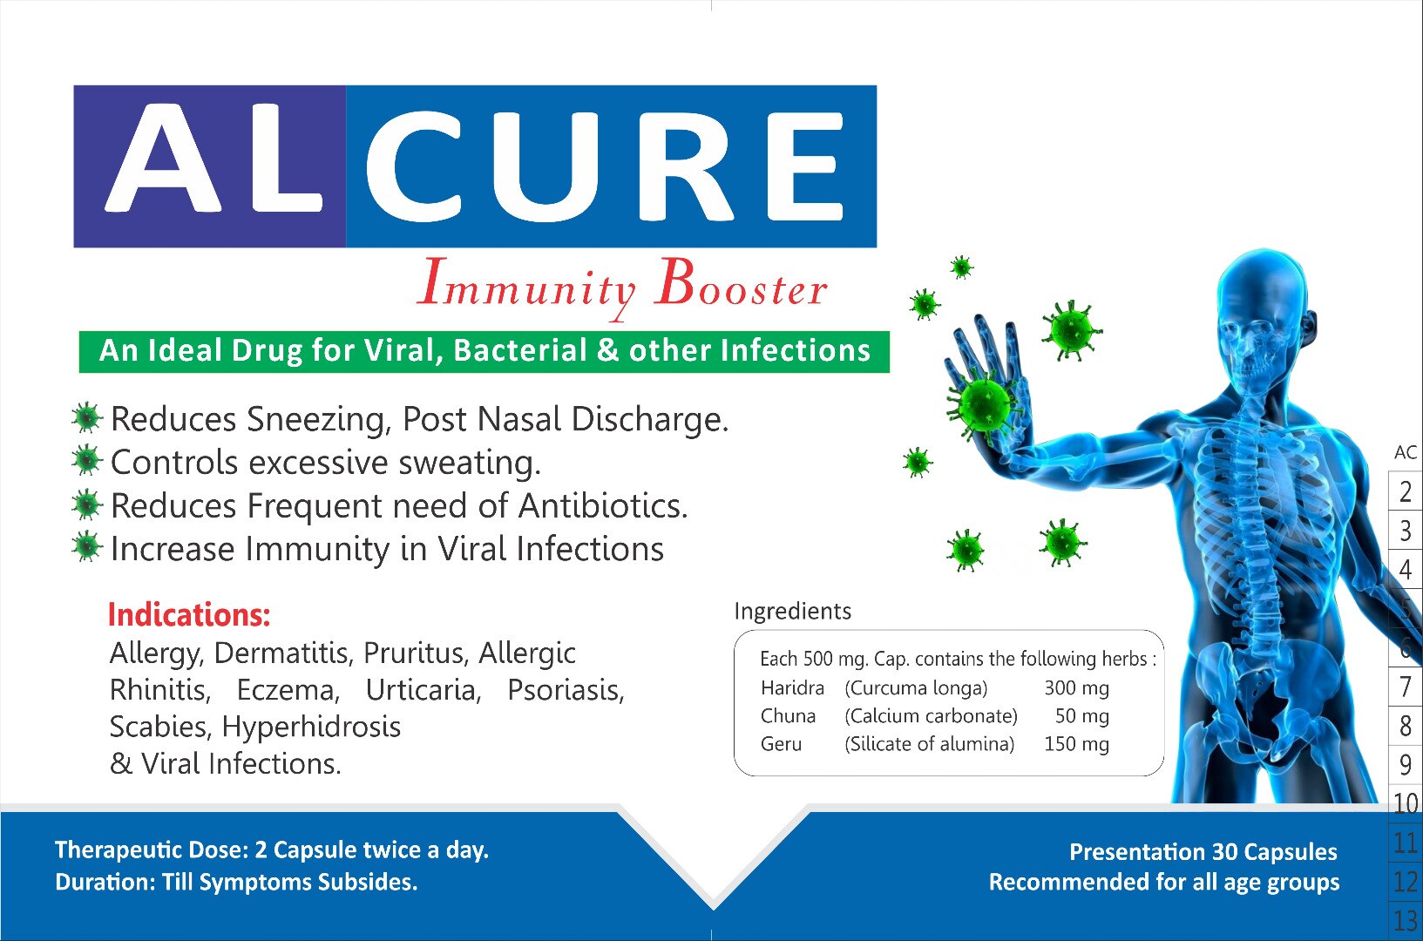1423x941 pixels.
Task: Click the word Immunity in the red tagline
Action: [x=526, y=287]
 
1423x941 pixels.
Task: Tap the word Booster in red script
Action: [x=742, y=284]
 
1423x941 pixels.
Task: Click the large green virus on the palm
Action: [x=984, y=403]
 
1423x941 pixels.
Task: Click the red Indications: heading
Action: [x=189, y=615]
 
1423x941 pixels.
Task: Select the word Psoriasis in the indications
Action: [x=566, y=690]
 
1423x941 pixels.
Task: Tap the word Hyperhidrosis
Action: [x=311, y=727]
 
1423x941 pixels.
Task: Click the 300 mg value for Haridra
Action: [x=1077, y=687]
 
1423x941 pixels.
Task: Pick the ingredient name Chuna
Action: [x=788, y=716]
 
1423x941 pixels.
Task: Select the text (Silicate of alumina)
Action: [x=930, y=744]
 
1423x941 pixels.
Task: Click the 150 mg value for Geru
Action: [x=1077, y=744]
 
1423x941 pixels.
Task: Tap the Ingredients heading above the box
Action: [x=792, y=612]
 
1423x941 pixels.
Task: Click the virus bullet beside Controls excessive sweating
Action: [x=86, y=461]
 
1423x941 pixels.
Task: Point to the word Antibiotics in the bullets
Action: [x=603, y=505]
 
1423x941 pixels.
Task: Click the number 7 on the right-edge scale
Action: [x=1405, y=687]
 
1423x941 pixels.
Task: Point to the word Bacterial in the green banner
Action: [x=520, y=351]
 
